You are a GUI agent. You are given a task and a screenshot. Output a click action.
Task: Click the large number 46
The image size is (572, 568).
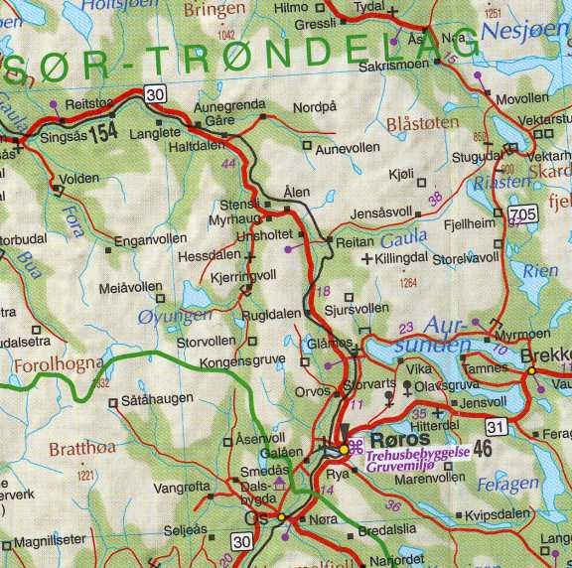tap(484, 449)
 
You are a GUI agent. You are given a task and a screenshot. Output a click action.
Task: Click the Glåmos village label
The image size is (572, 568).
tap(329, 342)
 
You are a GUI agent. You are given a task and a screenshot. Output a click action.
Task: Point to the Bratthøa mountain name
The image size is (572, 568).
tap(81, 448)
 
